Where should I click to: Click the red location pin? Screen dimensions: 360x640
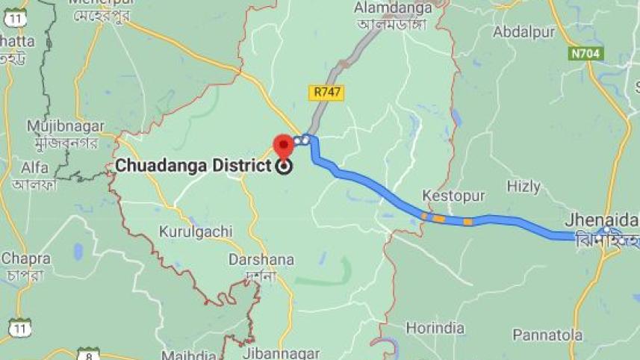(x=283, y=145)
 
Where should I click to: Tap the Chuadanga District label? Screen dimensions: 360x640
(x=192, y=166)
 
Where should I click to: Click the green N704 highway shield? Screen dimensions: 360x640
(x=585, y=54)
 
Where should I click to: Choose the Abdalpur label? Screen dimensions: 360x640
(x=523, y=32)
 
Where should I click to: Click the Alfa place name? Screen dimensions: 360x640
(x=35, y=167)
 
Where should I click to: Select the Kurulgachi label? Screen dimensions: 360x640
(x=195, y=232)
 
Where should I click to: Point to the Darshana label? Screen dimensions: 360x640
(x=261, y=260)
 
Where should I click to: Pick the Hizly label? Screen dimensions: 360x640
(x=524, y=186)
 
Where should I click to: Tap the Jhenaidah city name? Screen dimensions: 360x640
(x=601, y=220)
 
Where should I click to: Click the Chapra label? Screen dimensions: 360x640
(x=25, y=258)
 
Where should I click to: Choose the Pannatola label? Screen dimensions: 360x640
(x=547, y=335)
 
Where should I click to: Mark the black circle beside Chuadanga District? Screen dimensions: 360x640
(x=283, y=167)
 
